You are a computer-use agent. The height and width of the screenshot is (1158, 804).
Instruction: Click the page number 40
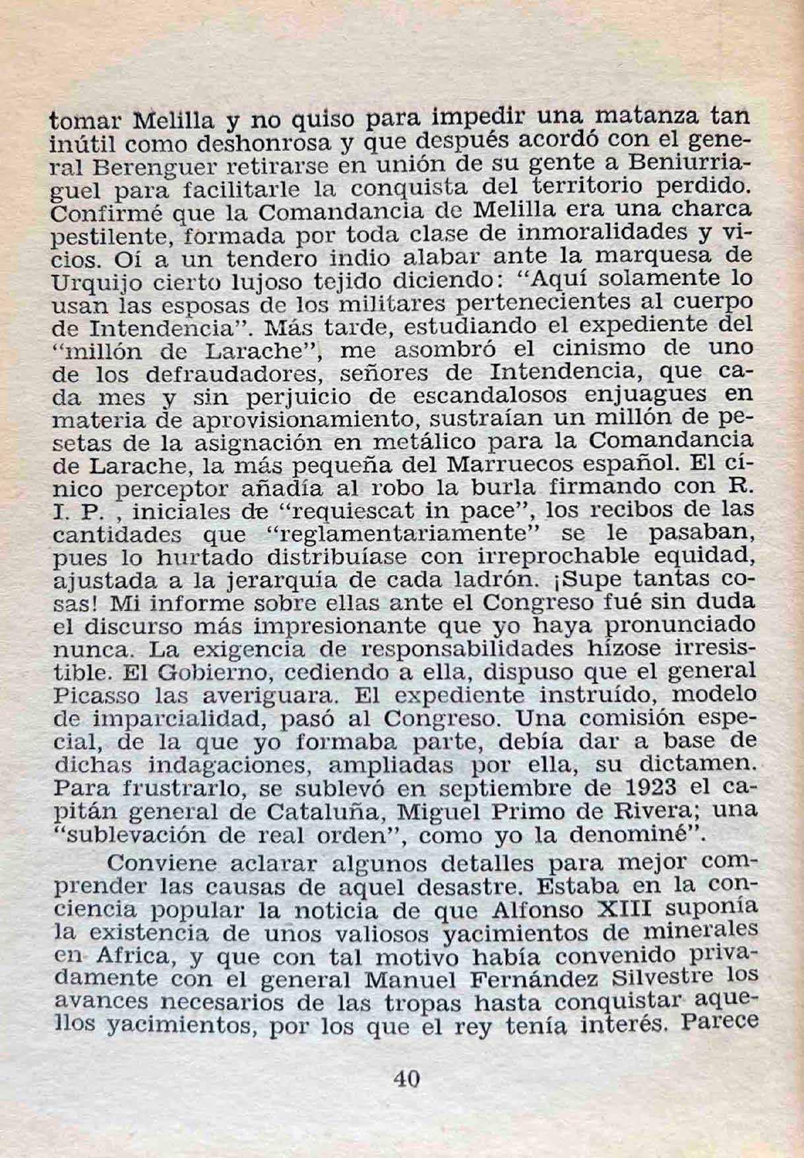click(406, 1079)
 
